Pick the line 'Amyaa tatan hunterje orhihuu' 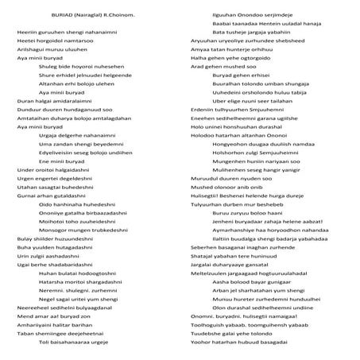(x=232, y=49)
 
